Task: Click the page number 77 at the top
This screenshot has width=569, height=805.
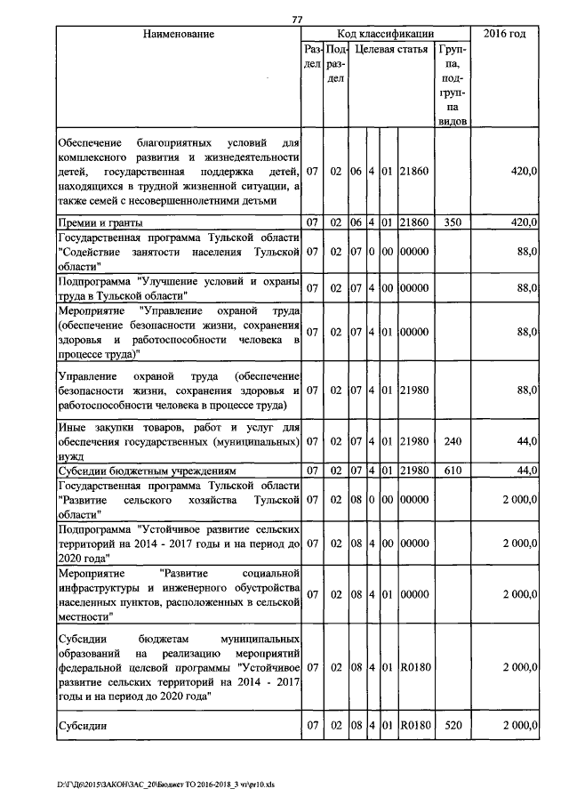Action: (x=298, y=20)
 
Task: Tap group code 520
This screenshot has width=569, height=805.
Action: (x=453, y=726)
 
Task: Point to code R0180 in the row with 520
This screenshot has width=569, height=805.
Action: (x=415, y=726)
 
